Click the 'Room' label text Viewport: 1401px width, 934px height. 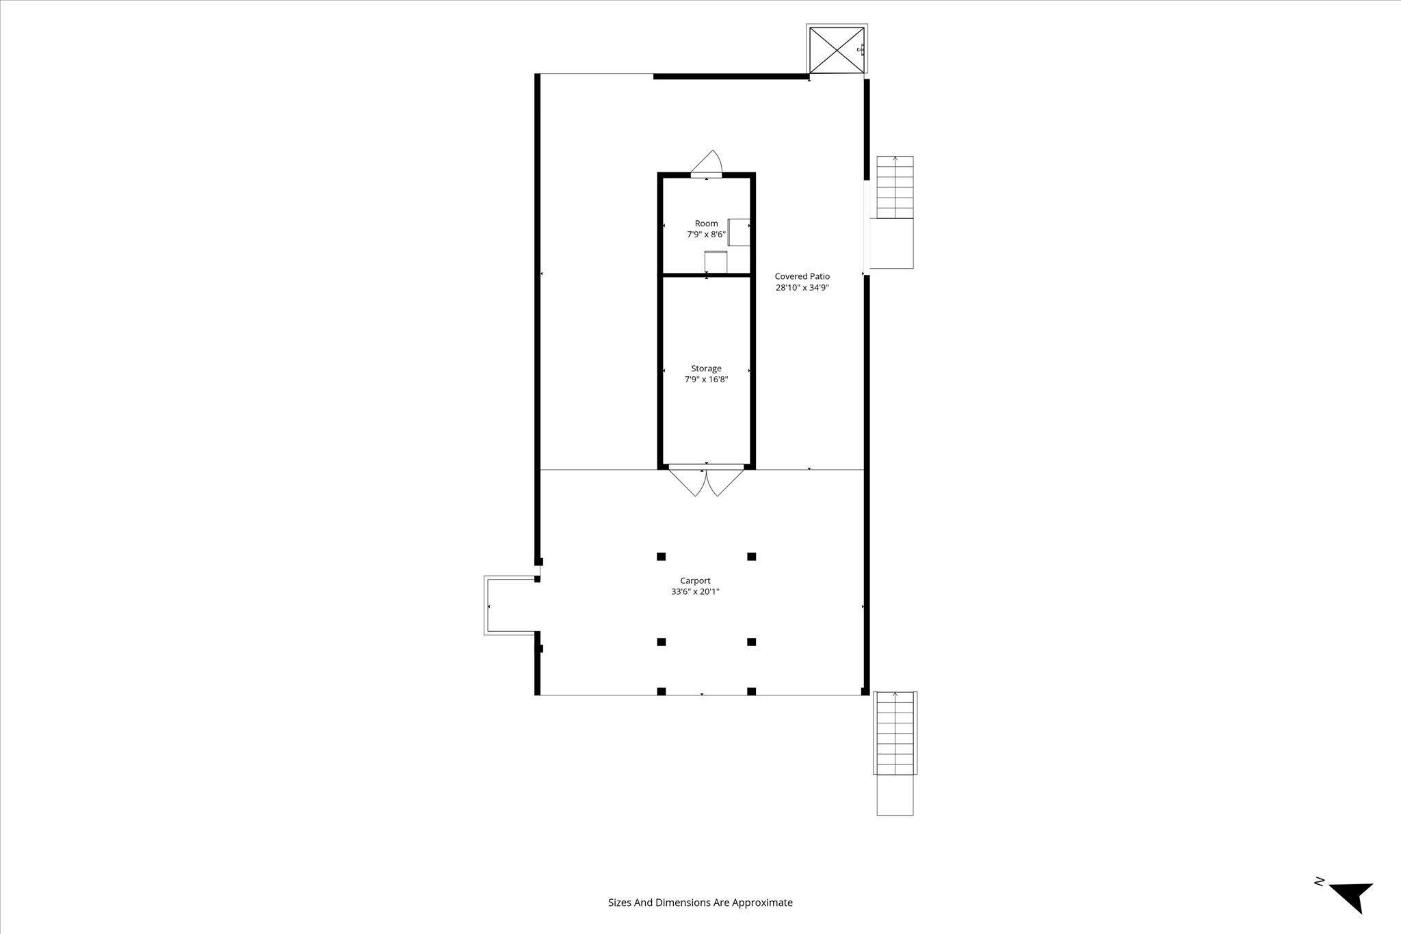pos(707,224)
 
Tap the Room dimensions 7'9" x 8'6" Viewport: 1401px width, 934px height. pos(707,235)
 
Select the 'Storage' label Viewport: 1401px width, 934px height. pos(706,369)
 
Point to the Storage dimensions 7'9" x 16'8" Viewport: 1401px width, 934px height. pos(706,379)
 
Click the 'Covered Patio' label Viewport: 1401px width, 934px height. pos(802,276)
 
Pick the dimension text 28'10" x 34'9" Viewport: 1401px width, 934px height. pos(802,288)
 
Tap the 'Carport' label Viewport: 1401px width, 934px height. pos(695,581)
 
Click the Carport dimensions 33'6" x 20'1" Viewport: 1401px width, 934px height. pos(695,592)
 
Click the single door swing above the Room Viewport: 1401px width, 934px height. pos(707,164)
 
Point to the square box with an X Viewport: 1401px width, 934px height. pos(837,50)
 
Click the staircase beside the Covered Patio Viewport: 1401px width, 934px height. pos(895,212)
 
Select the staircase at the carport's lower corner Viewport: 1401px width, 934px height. pos(895,753)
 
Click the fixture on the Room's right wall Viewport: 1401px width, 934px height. pos(739,232)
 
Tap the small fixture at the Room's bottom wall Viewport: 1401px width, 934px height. pos(716,263)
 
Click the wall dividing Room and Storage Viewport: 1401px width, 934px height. pos(707,275)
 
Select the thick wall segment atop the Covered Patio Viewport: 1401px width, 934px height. pos(731,77)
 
